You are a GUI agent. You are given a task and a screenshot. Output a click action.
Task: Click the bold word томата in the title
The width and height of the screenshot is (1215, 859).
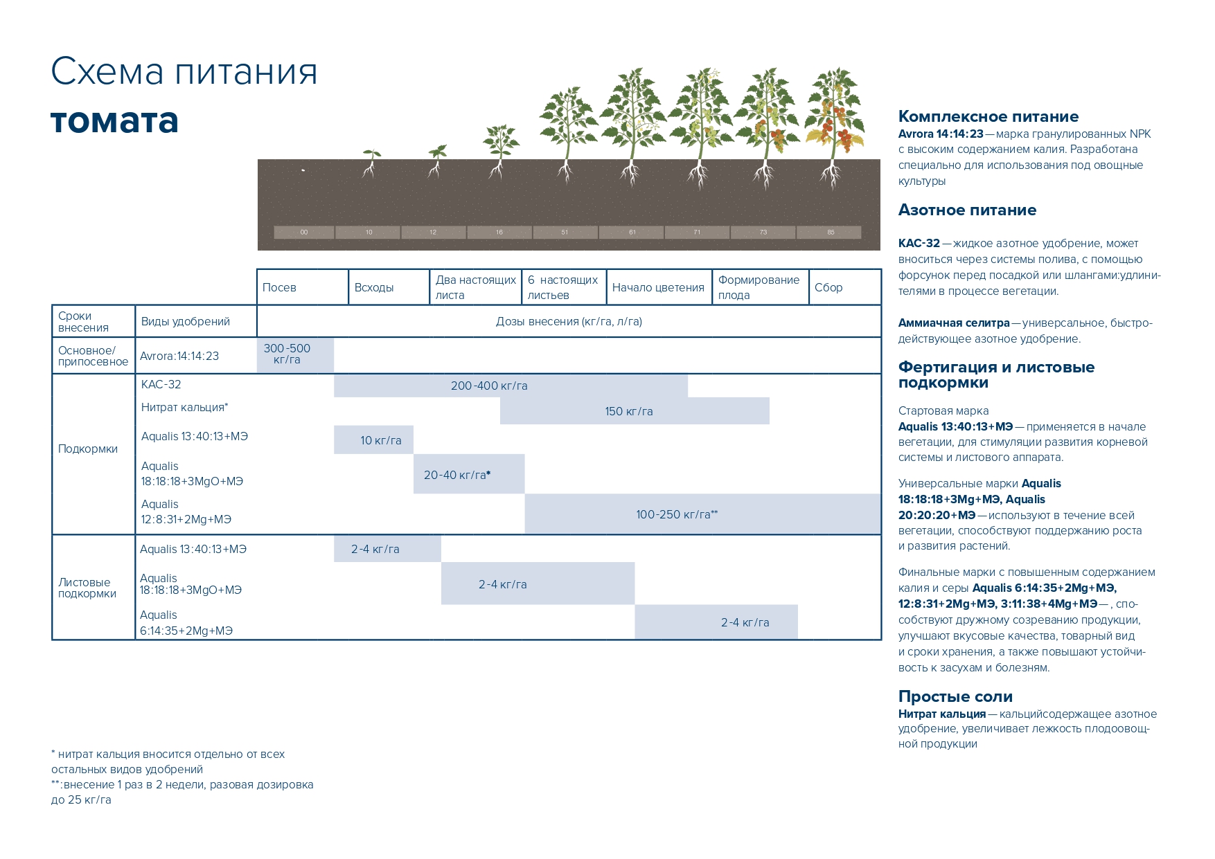[x=114, y=121]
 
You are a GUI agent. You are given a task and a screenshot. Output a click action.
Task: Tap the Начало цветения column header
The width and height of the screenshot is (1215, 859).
[x=658, y=287]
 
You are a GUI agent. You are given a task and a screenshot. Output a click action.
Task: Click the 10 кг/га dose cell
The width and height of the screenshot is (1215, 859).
[x=373, y=440]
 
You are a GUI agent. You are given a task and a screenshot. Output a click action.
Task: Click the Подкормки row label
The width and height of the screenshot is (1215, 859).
[x=88, y=449]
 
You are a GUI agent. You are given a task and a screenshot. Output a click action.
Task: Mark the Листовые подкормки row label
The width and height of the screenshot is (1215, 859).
[x=87, y=588]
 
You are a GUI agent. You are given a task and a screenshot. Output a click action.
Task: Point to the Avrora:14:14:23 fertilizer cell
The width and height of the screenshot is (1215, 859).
[x=179, y=356]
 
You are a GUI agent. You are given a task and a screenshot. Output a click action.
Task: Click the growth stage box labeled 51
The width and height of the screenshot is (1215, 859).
[x=565, y=233]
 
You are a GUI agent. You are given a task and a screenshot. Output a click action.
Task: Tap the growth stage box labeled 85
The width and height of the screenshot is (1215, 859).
[x=830, y=233]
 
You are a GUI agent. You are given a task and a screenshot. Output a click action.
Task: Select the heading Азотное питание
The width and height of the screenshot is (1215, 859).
[x=967, y=210]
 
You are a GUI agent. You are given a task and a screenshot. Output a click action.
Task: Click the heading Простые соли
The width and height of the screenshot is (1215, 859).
[x=955, y=696]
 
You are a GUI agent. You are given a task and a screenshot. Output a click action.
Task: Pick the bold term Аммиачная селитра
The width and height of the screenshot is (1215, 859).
[x=954, y=323]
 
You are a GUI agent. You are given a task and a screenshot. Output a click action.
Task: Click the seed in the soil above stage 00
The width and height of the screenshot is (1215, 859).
[x=303, y=170]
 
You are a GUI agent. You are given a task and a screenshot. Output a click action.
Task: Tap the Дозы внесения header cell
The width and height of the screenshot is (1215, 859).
[x=569, y=321]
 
